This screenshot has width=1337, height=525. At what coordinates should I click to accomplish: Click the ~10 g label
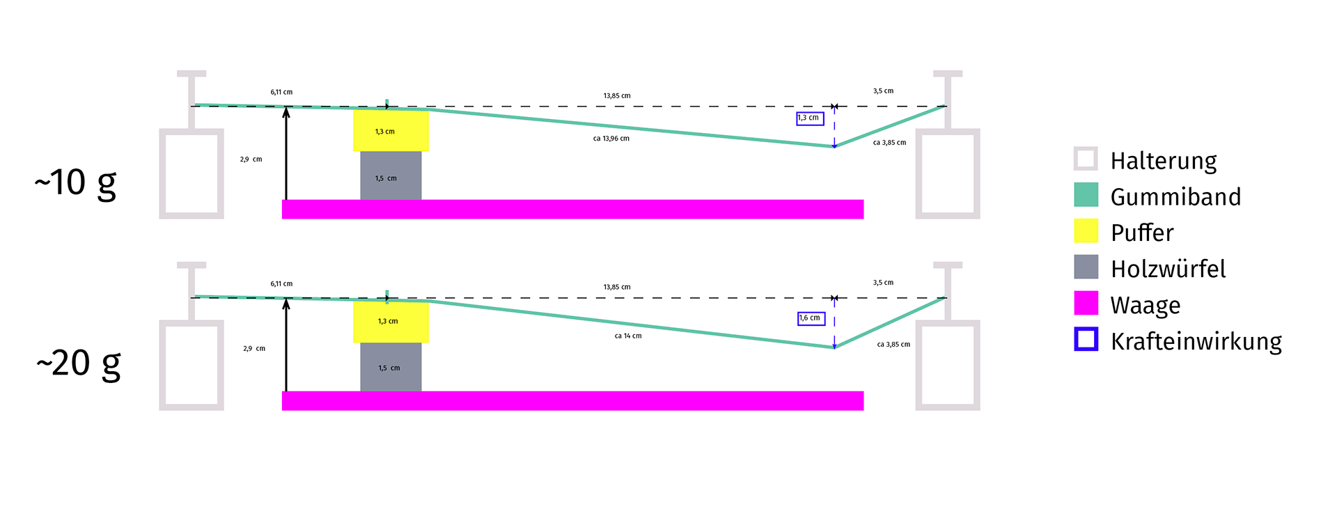(75, 183)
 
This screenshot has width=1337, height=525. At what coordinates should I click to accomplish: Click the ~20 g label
(78, 363)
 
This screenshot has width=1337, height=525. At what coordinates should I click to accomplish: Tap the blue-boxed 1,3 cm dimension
(810, 118)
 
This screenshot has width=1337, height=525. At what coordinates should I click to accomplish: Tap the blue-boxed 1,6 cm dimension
(811, 318)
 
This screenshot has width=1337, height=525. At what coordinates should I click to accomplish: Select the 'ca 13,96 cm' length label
(611, 139)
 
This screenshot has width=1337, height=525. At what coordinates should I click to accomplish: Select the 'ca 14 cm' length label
(627, 336)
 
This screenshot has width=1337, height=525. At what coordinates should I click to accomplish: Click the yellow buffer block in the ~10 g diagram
(391, 130)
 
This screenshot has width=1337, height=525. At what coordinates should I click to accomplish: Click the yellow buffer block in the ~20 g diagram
(391, 322)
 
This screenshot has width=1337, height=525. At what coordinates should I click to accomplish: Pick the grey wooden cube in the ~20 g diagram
(391, 367)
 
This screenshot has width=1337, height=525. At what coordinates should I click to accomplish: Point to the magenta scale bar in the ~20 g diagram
(572, 400)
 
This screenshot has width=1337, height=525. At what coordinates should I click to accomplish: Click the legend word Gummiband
(1175, 197)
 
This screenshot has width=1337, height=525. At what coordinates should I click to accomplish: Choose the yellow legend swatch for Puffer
(1086, 231)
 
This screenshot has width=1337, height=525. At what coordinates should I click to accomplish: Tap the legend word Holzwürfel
(1168, 269)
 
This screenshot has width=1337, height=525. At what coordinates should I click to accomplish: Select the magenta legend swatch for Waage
(1086, 304)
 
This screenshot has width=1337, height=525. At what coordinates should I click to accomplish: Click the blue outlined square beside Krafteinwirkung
(1086, 340)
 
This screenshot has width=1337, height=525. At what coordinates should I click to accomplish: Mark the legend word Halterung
(1164, 161)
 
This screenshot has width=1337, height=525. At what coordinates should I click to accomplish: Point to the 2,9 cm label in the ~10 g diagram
(251, 159)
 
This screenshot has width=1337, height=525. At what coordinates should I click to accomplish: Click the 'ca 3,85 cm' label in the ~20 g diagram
(893, 345)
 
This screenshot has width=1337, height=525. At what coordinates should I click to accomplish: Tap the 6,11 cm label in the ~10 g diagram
(281, 92)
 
